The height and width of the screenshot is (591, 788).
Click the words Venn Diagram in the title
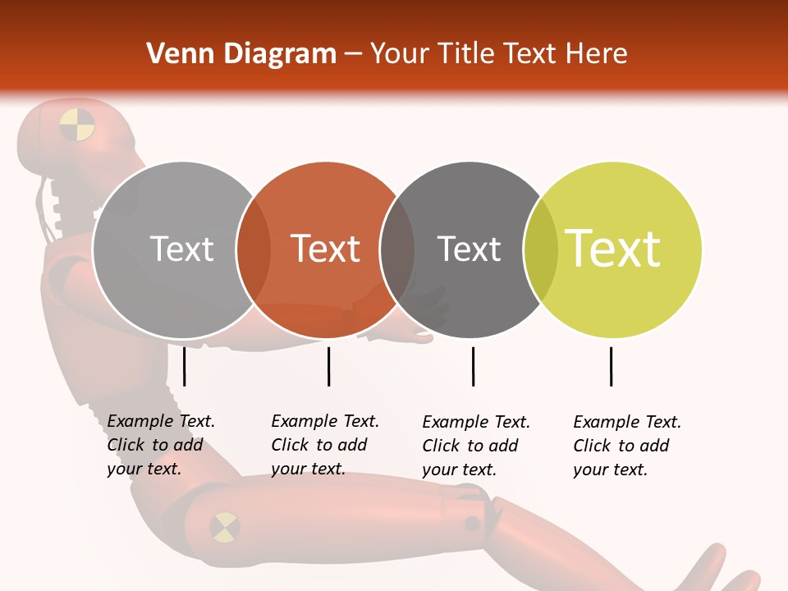point(241,54)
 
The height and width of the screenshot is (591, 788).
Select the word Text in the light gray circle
point(181,249)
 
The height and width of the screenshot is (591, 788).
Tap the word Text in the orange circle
point(326,249)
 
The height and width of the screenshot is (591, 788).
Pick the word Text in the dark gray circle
point(469,249)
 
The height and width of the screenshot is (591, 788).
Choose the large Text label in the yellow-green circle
point(613,249)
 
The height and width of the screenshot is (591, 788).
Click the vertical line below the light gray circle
point(184,366)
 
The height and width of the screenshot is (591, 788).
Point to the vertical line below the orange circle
point(328,366)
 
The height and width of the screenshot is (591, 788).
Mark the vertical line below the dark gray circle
point(473,366)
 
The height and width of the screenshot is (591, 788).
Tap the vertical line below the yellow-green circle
point(611,366)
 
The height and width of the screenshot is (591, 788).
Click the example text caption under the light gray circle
point(160,445)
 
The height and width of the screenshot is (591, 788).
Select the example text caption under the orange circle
point(324,445)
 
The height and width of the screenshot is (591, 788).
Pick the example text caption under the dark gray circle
point(475,446)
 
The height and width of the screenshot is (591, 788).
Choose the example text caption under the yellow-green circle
point(626,446)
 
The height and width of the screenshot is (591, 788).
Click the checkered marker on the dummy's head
point(77,124)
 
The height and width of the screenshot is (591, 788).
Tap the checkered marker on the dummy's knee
point(224,527)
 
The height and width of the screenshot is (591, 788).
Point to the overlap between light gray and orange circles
point(254,249)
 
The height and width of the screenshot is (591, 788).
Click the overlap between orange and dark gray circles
point(397,249)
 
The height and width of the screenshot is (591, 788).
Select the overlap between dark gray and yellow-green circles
point(540,249)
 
